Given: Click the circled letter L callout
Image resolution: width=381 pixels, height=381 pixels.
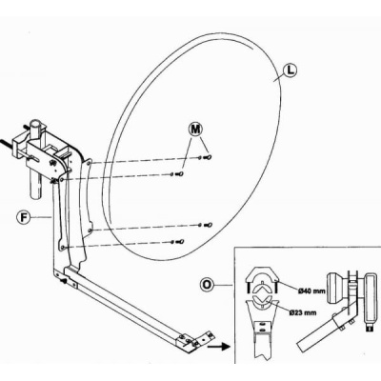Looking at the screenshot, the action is click(290, 70).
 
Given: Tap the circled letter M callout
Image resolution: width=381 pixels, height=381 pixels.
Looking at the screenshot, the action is click(196, 130).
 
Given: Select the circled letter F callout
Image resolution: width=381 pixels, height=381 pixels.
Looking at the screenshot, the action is click(24, 217).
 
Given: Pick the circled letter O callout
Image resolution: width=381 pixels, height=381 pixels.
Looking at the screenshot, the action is click(207, 285).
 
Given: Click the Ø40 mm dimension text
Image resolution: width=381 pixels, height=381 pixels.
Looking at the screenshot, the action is click(311, 291).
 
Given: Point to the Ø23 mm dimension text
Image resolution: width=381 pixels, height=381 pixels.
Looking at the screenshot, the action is click(303, 312).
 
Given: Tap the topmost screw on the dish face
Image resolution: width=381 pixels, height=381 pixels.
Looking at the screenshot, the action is click(209, 157).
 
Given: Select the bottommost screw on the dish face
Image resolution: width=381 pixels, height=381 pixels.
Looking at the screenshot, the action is click(181, 242).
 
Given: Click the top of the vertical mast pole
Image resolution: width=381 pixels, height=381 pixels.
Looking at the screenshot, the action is click(36, 123).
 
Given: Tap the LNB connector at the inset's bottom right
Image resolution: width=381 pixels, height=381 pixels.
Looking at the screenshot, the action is click(369, 328).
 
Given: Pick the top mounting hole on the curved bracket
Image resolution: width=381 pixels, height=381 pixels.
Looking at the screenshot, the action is click(89, 163).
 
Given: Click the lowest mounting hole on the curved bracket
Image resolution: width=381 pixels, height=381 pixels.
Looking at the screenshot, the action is click(63, 247).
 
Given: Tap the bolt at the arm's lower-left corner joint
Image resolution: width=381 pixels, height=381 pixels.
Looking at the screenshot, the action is click(64, 281).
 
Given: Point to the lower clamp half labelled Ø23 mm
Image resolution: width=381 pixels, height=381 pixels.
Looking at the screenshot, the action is click(262, 305).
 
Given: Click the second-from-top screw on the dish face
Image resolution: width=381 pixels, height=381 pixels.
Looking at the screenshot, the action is click(181, 173).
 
